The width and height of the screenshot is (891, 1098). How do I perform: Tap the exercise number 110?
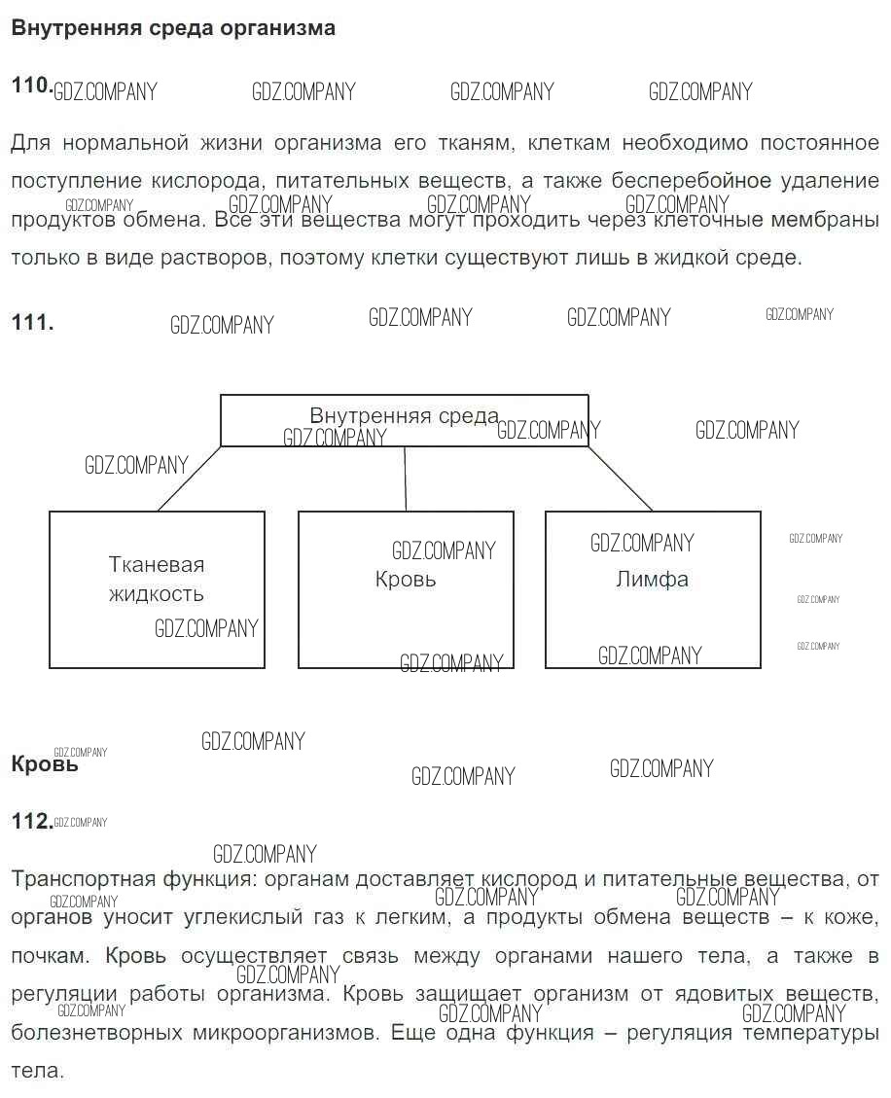click(x=31, y=86)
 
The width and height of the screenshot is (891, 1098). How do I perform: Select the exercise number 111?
click(x=32, y=323)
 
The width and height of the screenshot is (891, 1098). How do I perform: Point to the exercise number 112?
click(x=31, y=822)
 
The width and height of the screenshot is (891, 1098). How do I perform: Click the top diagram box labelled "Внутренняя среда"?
click(x=404, y=419)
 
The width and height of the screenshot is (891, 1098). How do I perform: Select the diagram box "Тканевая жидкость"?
click(x=157, y=589)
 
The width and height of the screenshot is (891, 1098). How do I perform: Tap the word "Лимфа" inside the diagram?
click(x=652, y=580)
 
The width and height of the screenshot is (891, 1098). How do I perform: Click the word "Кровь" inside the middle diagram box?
click(x=406, y=580)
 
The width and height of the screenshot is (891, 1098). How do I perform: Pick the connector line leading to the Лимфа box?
click(x=621, y=478)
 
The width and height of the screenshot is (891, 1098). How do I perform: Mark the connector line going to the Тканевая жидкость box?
click(x=189, y=478)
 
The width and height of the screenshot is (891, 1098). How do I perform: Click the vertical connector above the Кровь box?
click(x=405, y=478)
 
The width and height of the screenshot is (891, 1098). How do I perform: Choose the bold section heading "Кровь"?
click(x=44, y=763)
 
